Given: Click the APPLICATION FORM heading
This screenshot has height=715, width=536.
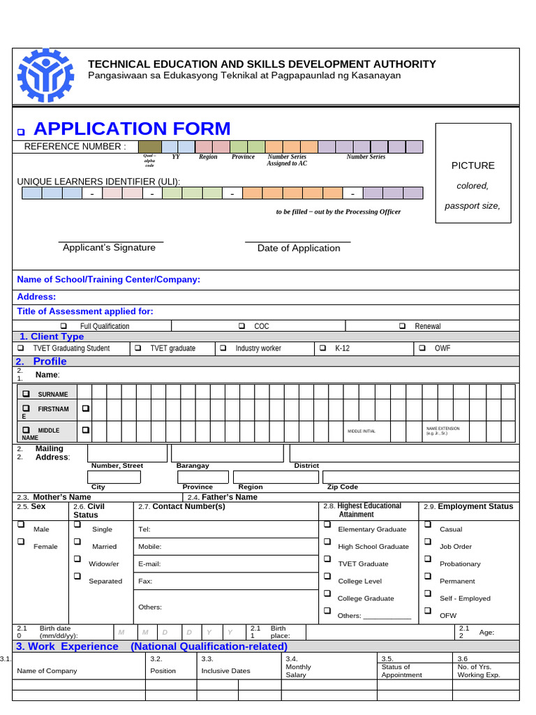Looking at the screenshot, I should click(x=131, y=129).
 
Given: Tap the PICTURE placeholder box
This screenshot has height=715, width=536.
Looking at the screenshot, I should click(x=472, y=173).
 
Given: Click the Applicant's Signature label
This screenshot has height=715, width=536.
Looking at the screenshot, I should click(x=109, y=248).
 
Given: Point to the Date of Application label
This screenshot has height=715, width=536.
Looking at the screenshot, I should click(x=299, y=249).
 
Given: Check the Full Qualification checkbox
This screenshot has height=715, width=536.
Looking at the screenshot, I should click(x=64, y=326).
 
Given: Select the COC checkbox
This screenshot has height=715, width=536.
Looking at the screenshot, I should click(x=241, y=326).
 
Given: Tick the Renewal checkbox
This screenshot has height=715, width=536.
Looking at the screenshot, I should click(x=403, y=326).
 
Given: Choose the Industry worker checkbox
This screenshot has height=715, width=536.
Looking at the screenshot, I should click(x=223, y=348).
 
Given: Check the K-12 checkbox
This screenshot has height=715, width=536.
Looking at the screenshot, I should click(x=322, y=348).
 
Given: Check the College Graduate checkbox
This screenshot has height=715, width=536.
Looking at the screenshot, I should click(x=327, y=594).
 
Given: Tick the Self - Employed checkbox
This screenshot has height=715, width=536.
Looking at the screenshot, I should click(x=428, y=594).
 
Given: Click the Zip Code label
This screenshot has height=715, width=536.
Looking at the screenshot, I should click(x=342, y=487).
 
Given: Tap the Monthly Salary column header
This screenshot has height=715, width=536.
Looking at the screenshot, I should click(x=299, y=671).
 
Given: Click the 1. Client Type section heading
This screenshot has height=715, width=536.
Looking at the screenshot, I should click(x=52, y=337).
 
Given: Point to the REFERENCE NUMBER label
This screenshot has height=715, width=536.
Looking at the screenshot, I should click(x=75, y=147).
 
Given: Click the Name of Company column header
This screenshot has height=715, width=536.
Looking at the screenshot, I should click(x=47, y=671).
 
